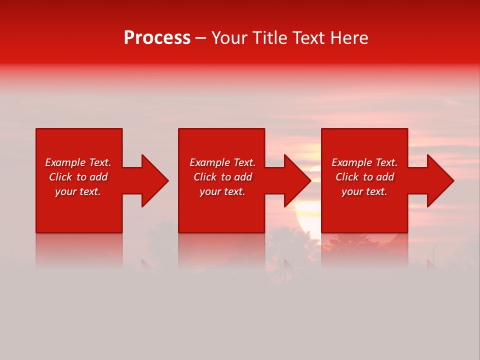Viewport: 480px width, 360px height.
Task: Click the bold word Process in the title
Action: tap(157, 38)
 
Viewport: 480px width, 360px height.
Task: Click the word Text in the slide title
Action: tap(307, 38)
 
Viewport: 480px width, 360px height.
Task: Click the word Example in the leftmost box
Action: tap(65, 162)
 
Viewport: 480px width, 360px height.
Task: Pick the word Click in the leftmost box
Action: tap(60, 177)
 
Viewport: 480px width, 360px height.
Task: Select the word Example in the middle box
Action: tap(210, 162)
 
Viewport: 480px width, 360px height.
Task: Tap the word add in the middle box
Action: tap(243, 177)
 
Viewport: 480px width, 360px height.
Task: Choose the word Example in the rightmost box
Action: tap(352, 162)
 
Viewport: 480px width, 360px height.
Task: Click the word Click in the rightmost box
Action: tap(347, 177)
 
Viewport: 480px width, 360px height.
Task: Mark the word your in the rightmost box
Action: tap(351, 191)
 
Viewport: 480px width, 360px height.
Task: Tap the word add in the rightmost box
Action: tap(385, 177)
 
